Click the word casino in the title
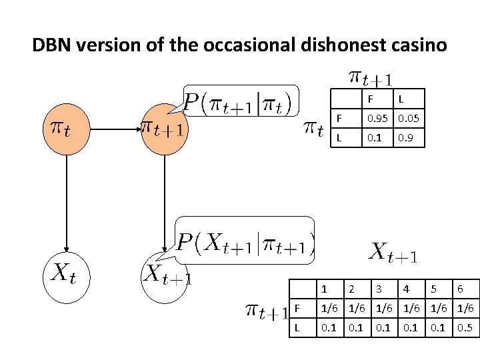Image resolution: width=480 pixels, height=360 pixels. (415, 45)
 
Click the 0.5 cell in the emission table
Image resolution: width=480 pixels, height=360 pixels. (465, 329)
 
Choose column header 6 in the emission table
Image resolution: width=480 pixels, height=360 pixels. (460, 289)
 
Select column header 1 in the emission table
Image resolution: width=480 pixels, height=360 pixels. (325, 289)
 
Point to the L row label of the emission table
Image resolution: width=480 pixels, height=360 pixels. (297, 329)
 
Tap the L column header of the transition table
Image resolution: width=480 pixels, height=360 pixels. (401, 99)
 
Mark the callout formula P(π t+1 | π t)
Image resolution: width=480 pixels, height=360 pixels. (241, 104)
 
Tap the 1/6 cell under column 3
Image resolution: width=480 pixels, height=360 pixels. (383, 309)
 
